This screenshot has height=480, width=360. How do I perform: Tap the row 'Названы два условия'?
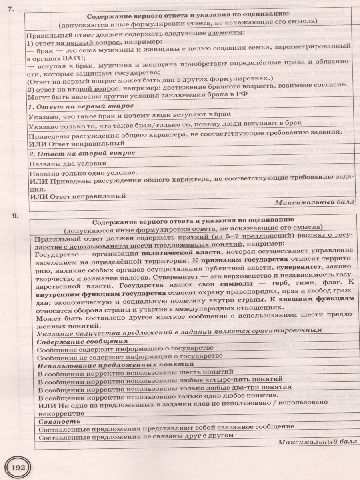coord(68,164)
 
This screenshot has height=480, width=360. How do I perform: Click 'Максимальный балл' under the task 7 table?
coord(315,202)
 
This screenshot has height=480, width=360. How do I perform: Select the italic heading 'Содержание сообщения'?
coord(82,341)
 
